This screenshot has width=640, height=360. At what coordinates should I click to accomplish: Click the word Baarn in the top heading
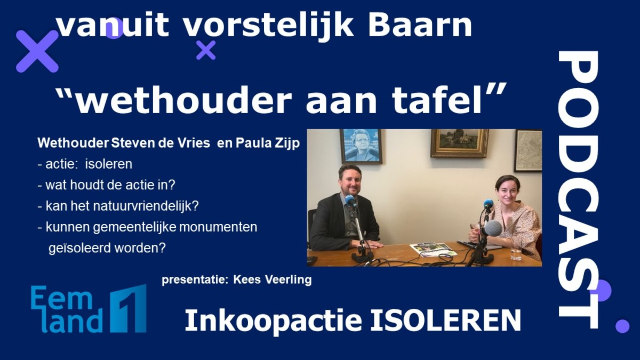pyautogui.click(x=420, y=25)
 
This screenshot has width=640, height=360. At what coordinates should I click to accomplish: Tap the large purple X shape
pyautogui.click(x=37, y=51)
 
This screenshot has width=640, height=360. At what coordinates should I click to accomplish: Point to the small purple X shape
pyautogui.click(x=206, y=50)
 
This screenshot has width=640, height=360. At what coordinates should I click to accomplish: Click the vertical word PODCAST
pyautogui.click(x=578, y=189)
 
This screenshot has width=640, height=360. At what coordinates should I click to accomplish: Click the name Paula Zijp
pyautogui.click(x=267, y=143)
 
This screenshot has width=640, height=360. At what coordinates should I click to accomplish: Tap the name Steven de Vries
pyautogui.click(x=161, y=143)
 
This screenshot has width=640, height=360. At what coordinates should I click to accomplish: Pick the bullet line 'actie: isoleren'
pyautogui.click(x=85, y=164)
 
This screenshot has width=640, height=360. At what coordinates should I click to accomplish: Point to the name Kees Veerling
pyautogui.click(x=273, y=279)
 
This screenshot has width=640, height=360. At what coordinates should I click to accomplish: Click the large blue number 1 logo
pyautogui.click(x=129, y=309)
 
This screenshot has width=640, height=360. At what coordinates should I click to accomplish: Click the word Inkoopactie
pyautogui.click(x=274, y=321)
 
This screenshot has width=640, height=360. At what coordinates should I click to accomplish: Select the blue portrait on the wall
pyautogui.click(x=361, y=146)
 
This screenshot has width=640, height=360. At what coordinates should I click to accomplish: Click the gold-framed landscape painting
pyautogui.click(x=460, y=143)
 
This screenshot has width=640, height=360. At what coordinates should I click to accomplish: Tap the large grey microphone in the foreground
pyautogui.click(x=493, y=229)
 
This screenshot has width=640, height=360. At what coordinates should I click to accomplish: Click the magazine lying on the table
pyautogui.click(x=433, y=249)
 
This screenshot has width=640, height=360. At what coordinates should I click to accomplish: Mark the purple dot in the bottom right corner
pyautogui.click(x=622, y=326)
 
